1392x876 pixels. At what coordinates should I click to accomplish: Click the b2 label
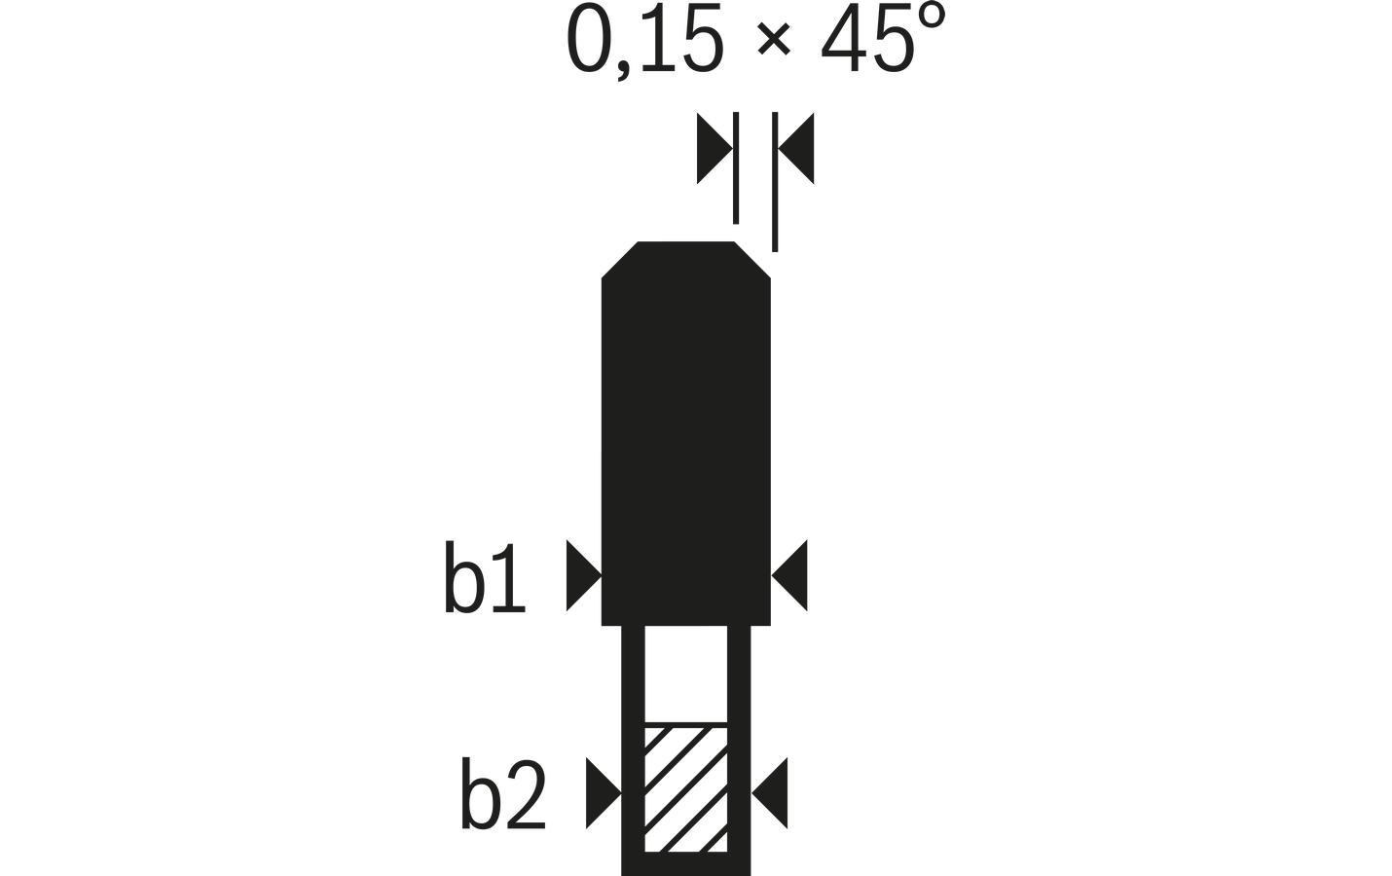(502, 795)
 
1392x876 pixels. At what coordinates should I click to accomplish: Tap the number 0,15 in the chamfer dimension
(644, 41)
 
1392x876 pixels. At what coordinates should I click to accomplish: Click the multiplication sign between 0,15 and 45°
(772, 44)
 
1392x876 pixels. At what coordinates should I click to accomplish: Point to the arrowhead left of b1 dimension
(581, 576)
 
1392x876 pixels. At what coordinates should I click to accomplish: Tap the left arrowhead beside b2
(601, 793)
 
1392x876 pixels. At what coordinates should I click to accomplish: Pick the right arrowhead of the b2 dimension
(772, 793)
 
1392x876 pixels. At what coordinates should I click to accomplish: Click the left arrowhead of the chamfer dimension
(713, 148)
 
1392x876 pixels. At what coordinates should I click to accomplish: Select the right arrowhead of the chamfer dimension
(797, 148)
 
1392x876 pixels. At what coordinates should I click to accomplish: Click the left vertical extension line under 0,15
(736, 167)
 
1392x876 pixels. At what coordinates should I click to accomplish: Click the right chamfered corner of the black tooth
(752, 259)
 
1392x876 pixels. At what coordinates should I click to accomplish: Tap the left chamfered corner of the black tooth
(620, 259)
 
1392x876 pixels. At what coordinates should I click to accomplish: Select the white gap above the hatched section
(686, 674)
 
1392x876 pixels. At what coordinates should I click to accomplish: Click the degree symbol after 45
(931, 19)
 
